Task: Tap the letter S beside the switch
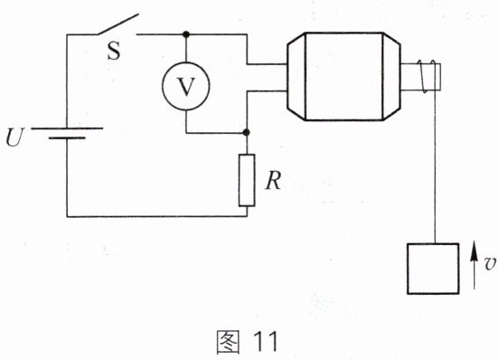(x=114, y=51)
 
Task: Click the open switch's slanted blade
(x=118, y=24)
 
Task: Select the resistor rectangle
(x=247, y=180)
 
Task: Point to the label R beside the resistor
(x=273, y=181)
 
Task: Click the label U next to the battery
(x=14, y=137)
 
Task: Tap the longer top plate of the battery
(x=67, y=128)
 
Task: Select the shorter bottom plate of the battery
(x=67, y=138)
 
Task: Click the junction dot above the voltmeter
(x=186, y=34)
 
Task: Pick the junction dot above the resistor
(x=246, y=132)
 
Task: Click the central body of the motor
(x=344, y=77)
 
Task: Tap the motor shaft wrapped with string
(x=420, y=77)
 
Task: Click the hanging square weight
(x=433, y=269)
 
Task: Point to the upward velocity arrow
(x=475, y=265)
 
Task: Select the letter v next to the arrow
(x=490, y=264)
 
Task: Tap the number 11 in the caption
(x=266, y=342)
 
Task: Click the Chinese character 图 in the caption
(x=228, y=342)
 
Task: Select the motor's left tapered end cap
(x=297, y=77)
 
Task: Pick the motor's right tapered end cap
(x=391, y=77)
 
